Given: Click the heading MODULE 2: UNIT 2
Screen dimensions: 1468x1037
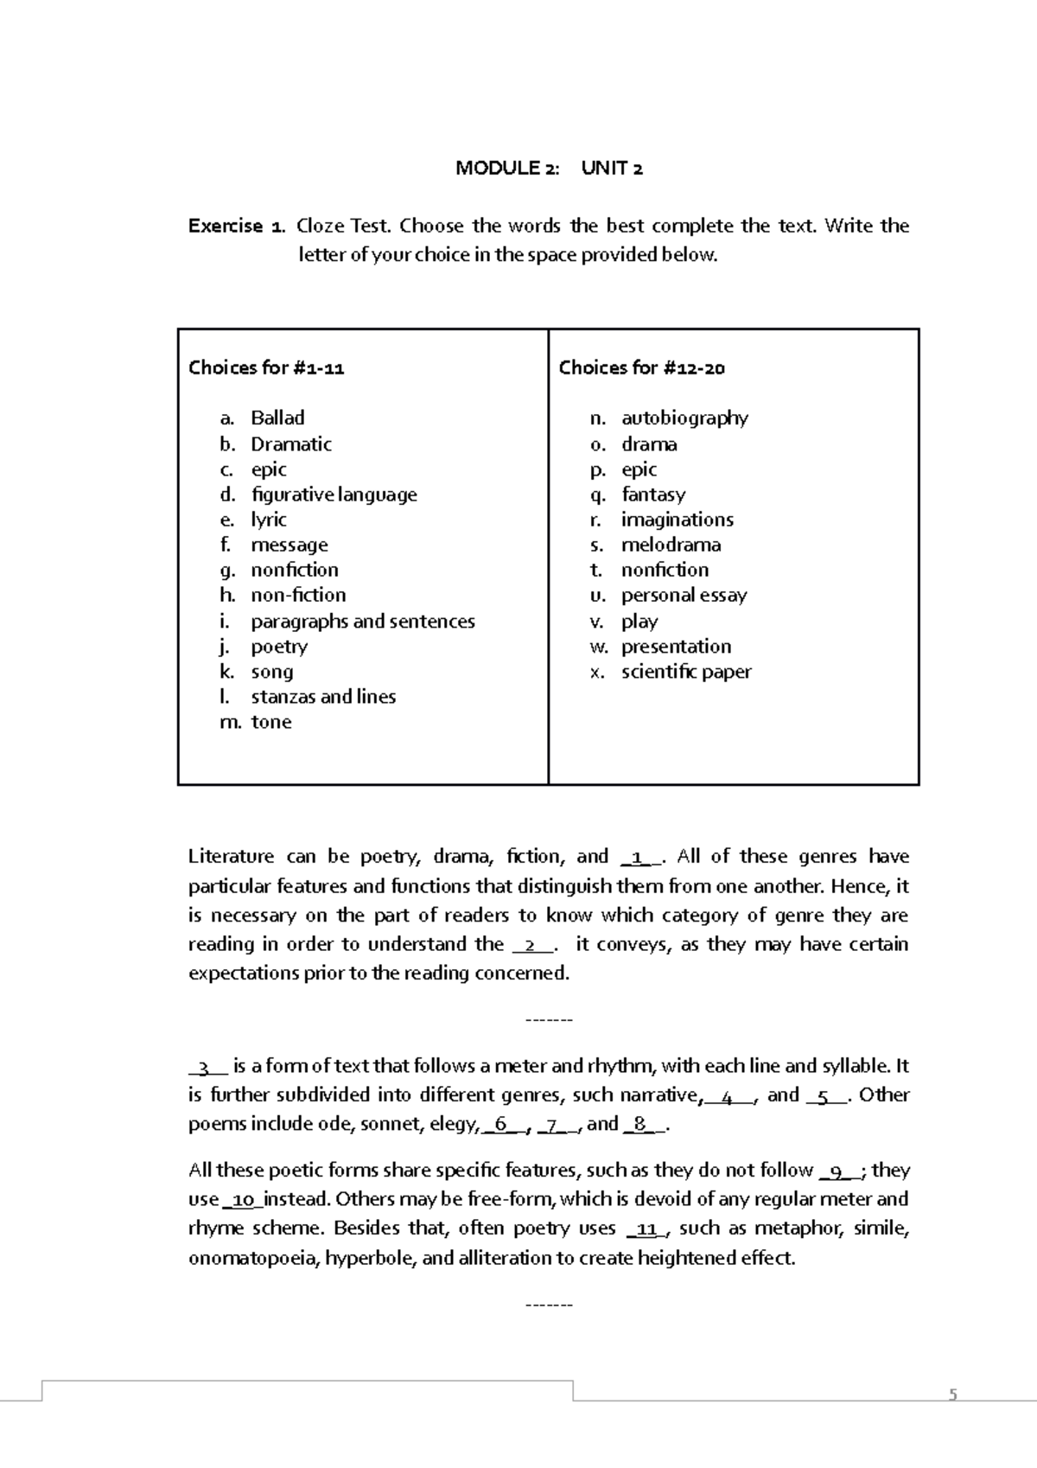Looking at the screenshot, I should (x=549, y=168).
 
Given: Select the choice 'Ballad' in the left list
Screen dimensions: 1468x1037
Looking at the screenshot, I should (x=277, y=418).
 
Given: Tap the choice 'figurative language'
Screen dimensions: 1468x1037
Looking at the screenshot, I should (x=334, y=495).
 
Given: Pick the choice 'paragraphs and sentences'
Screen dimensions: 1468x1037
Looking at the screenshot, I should (x=362, y=621).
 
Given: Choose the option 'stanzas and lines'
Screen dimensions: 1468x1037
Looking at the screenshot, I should (x=323, y=697).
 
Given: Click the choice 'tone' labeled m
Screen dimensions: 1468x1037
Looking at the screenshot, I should (x=270, y=722).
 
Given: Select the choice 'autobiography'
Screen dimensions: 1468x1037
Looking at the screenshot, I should (x=684, y=418).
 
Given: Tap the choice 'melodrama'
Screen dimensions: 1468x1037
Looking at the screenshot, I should (x=671, y=545).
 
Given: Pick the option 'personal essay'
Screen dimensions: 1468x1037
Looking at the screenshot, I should (x=684, y=595).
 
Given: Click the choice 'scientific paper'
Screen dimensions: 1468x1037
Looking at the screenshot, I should (x=686, y=672).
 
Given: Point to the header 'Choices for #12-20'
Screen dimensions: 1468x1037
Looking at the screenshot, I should (x=641, y=367).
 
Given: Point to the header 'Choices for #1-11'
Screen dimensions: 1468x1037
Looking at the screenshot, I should (x=266, y=367).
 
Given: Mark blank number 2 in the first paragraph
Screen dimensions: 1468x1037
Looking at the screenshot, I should (x=532, y=945).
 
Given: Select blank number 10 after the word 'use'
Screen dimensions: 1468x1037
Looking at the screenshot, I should (x=243, y=1200).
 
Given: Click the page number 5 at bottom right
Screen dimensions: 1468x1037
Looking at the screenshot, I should (x=953, y=1395).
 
